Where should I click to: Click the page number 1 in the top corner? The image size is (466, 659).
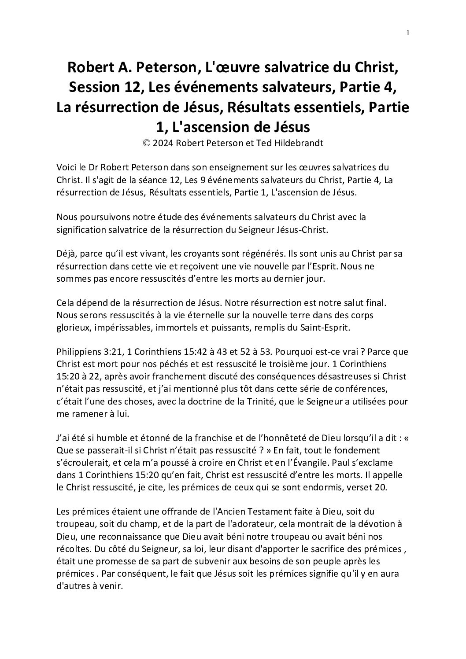(x=408, y=32)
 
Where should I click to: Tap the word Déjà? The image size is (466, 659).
(x=66, y=254)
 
